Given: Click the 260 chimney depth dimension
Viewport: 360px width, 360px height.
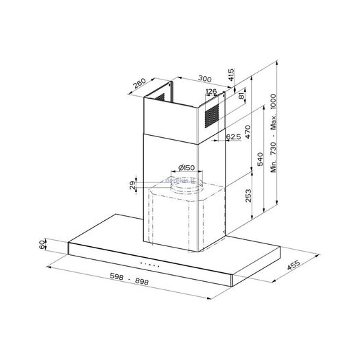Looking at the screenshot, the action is click(x=140, y=84).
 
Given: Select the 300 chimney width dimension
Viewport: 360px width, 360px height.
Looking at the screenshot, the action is click(x=204, y=79).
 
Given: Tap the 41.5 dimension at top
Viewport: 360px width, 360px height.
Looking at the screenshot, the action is click(x=231, y=74).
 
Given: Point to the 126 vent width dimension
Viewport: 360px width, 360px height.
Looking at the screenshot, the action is click(x=211, y=92).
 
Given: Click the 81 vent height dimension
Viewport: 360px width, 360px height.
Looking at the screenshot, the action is click(x=242, y=96).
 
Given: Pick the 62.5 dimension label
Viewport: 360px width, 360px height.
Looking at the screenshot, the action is click(x=234, y=137).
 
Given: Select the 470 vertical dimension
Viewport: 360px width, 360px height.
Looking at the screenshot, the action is click(x=248, y=132).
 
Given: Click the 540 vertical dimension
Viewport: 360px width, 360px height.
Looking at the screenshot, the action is click(x=260, y=159).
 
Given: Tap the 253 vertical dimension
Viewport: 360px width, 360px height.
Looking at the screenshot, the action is click(x=248, y=195).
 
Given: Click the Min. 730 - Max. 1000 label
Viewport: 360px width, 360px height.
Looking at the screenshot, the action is click(x=273, y=133).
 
